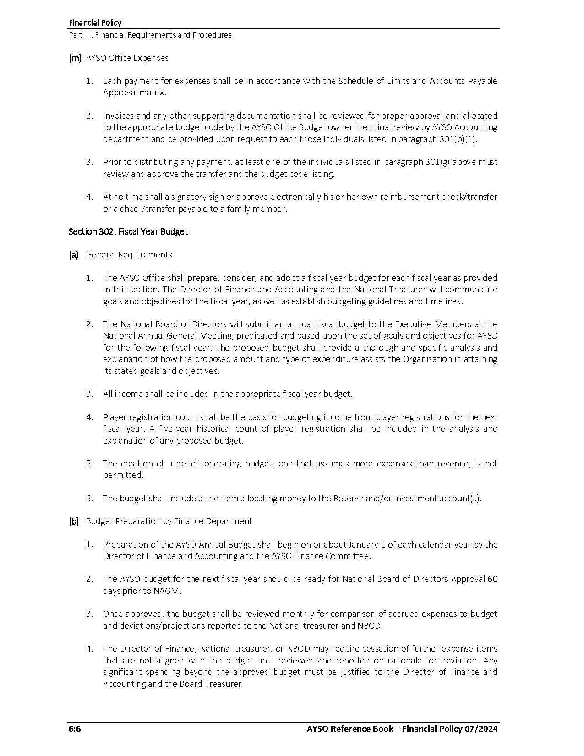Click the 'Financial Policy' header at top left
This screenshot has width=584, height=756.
95,23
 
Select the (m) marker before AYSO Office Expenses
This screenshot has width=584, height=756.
75,58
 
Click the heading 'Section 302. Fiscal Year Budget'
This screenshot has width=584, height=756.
128,232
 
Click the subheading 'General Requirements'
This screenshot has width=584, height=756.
129,255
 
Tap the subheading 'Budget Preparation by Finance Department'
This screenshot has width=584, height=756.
169,521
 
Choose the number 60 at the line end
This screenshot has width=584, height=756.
492,579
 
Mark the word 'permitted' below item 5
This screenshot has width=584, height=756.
123,475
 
